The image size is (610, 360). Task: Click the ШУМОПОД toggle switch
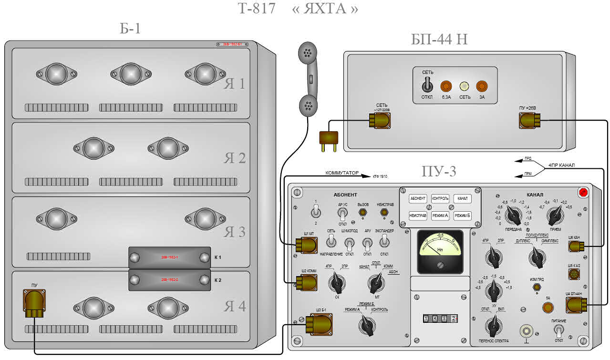(349, 245)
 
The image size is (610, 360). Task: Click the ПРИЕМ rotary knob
(555, 216)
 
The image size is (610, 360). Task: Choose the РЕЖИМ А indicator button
(440, 216)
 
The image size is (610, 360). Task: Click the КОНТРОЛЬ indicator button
(440, 198)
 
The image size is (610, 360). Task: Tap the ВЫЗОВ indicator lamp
(363, 211)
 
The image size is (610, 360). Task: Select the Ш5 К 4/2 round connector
(574, 274)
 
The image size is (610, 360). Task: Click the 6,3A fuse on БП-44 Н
(446, 86)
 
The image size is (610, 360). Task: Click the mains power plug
(329, 139)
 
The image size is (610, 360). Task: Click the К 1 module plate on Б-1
(169, 257)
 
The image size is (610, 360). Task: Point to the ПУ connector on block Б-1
(34, 302)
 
